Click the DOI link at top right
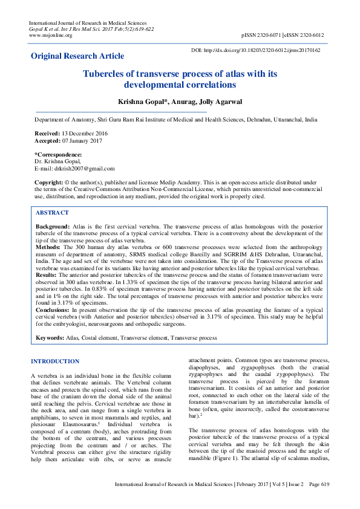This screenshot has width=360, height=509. (255, 50)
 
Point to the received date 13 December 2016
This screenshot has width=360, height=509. (80, 132)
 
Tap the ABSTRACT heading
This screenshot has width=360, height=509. (52, 213)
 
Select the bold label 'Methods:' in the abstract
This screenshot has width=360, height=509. (48, 247)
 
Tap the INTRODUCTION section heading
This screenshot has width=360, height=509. (55, 361)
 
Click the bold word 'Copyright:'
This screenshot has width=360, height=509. (49, 182)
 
